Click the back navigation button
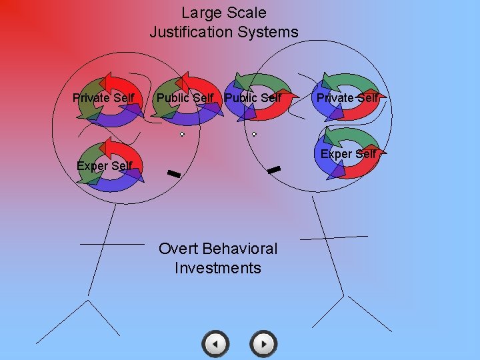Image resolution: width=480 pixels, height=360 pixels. pos(215,344)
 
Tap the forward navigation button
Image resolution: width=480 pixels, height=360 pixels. pos(263,344)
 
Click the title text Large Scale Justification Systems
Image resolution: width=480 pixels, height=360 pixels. pos(224,22)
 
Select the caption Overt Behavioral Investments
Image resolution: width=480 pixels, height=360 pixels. pos(218,258)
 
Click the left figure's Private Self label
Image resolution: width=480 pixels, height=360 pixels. pos(103,99)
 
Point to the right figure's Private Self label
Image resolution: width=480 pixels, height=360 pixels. pos(347,98)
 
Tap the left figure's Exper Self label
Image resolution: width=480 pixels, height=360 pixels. pos(104,166)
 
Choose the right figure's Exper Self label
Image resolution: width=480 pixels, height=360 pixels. pos(348,154)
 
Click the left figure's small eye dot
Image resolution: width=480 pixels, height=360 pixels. pos(182,134)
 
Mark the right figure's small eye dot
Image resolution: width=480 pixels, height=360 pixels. pos(254,134)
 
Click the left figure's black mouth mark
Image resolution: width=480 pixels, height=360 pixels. pos(174,174)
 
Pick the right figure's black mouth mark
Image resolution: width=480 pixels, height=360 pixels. pos(273,171)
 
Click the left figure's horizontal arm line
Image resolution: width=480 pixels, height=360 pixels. pos(112,244)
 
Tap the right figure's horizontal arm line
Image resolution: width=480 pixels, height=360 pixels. pos(333,237)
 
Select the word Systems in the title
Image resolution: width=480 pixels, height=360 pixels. pos(271,31)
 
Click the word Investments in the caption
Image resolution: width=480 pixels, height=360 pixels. pos(218,268)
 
